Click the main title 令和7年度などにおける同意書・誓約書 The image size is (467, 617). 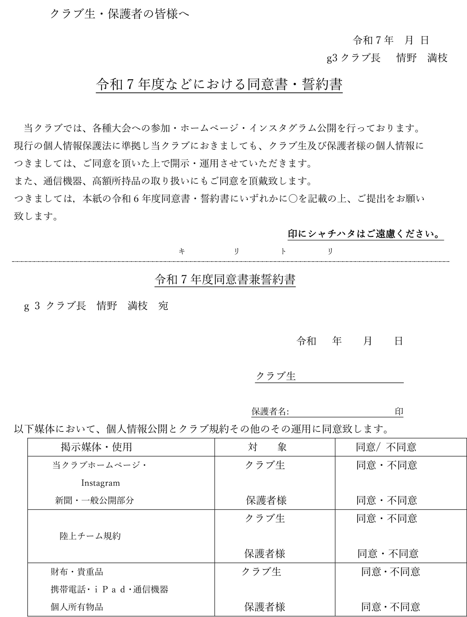tap(219, 84)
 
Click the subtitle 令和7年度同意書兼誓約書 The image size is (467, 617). tap(225, 279)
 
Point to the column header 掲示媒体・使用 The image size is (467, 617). tap(96, 447)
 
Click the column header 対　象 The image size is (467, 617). tap(267, 447)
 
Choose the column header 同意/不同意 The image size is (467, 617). tap(386, 447)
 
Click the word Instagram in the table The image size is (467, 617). tap(100, 483)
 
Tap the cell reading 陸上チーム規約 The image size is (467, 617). tap(90, 536)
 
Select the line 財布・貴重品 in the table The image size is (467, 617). tap(77, 572)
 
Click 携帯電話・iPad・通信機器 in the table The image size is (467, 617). tap(109, 589)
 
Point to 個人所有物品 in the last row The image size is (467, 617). tap(77, 607)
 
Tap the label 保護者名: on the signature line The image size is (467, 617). tap(270, 411)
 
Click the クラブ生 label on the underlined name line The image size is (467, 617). tap(276, 376)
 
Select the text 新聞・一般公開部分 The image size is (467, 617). tap(94, 500)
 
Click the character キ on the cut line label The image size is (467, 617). tap(182, 251)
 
